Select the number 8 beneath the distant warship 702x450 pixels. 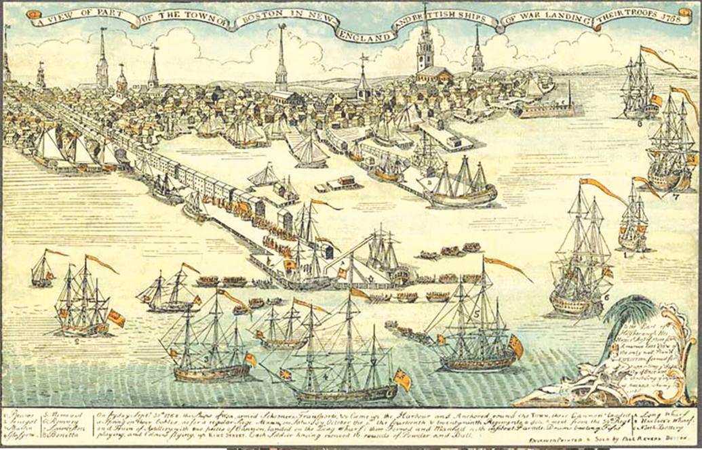tap(639, 123)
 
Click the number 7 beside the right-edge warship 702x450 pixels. tap(676, 197)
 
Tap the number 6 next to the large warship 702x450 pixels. tap(606, 296)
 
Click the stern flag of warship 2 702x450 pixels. tap(116, 318)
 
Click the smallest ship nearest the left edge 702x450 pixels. tap(43, 269)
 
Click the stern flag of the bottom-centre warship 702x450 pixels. tap(402, 380)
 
